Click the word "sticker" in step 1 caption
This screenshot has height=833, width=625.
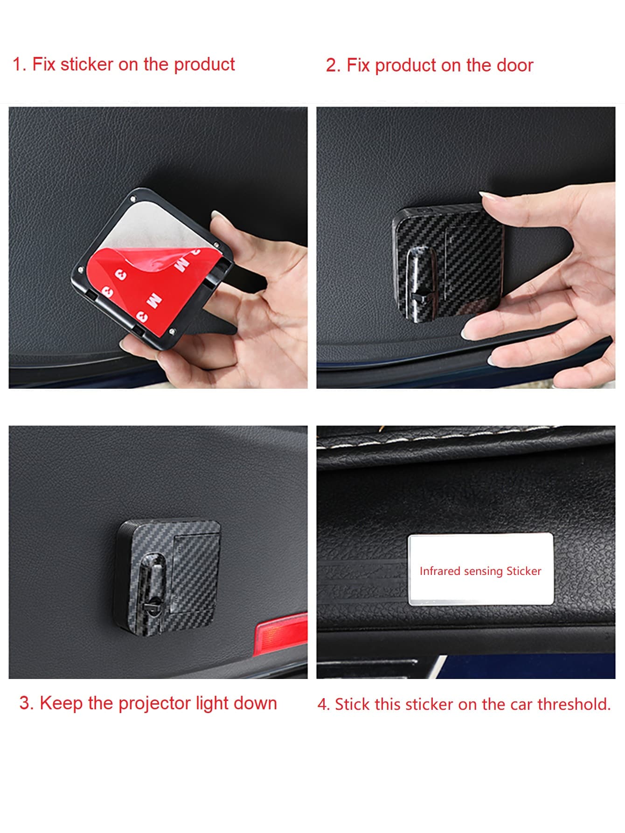(87, 64)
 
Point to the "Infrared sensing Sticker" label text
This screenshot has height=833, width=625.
(480, 571)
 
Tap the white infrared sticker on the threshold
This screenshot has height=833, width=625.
(480, 570)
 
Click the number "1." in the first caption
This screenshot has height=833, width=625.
(19, 64)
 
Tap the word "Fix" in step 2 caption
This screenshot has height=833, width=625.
(358, 65)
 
